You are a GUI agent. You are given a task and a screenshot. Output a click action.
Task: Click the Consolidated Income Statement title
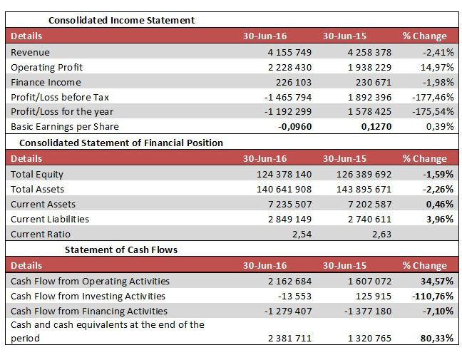pyautogui.click(x=121, y=21)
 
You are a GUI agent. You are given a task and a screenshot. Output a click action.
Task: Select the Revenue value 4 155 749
pyautogui.click(x=289, y=53)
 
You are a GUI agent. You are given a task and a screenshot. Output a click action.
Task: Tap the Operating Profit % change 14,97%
pyautogui.click(x=437, y=68)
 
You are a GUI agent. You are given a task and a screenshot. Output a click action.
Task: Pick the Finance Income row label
pyautogui.click(x=46, y=82)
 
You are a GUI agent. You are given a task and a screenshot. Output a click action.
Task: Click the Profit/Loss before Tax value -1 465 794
pyautogui.click(x=288, y=97)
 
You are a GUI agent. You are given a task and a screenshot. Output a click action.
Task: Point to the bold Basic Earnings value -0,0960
pyautogui.click(x=294, y=127)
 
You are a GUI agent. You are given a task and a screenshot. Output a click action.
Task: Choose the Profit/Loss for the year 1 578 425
pyautogui.click(x=369, y=112)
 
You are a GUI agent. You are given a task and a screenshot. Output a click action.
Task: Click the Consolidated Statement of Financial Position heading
pyautogui.click(x=121, y=143)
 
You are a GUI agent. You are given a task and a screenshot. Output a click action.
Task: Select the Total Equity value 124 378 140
pyautogui.click(x=284, y=175)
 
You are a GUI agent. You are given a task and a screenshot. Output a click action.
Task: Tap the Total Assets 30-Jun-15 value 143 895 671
pyautogui.click(x=364, y=189)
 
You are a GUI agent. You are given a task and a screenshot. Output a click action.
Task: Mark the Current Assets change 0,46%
pyautogui.click(x=440, y=204)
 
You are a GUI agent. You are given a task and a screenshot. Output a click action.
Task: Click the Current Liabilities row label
pyautogui.click(x=50, y=219)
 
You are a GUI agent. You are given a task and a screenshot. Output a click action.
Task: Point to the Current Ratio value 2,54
pyautogui.click(x=302, y=235)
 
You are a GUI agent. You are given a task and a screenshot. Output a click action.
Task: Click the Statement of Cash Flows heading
pyautogui.click(x=121, y=250)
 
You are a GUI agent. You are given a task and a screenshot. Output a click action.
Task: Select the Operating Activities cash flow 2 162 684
pyautogui.click(x=289, y=282)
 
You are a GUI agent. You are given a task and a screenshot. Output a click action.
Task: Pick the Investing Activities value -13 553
pyautogui.click(x=294, y=296)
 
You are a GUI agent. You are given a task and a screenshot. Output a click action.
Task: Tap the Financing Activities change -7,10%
pyautogui.click(x=438, y=311)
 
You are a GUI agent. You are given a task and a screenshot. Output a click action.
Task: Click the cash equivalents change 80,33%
pyautogui.click(x=437, y=338)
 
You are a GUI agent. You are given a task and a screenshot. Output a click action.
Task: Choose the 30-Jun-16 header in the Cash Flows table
pyautogui.click(x=265, y=265)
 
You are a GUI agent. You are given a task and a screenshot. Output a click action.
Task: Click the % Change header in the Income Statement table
pyautogui.click(x=425, y=36)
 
